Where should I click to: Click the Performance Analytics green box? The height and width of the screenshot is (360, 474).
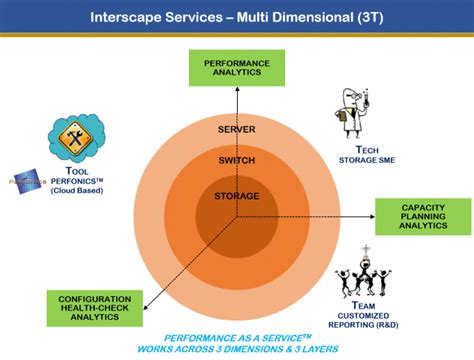pos(237,67)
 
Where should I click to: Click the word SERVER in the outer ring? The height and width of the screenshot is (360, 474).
pos(237,130)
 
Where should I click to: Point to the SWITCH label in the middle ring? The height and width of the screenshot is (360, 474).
pos(237,161)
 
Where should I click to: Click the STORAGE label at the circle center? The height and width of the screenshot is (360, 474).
pos(237,195)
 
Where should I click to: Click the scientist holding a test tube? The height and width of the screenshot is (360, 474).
pos(355,112)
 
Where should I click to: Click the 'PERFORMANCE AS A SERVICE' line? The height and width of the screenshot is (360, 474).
pos(237,338)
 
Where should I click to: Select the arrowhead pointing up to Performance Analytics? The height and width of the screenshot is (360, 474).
pos(237,90)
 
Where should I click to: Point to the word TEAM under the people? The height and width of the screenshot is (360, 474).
pos(366,305)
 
